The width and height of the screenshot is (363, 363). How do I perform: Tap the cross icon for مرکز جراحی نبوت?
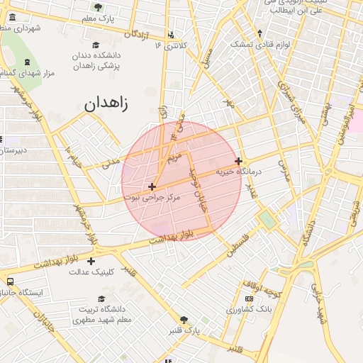pyautogui.click(x=152, y=186)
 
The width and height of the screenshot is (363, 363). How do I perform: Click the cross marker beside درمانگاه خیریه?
pyautogui.click(x=238, y=161)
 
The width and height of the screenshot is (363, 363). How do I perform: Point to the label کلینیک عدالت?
pyautogui.click(x=91, y=272)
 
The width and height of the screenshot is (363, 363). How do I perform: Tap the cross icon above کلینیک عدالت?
pyautogui.click(x=91, y=261)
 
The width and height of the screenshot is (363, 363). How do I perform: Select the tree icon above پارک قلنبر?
pyautogui.click(x=184, y=320)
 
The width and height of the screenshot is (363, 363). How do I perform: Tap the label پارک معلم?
pyautogui.click(x=97, y=16)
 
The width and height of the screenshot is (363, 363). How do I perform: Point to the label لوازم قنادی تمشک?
pyautogui.click(x=261, y=43)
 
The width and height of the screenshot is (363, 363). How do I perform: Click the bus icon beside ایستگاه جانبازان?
pyautogui.click(x=10, y=281)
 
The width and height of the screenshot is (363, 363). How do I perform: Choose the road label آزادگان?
pyautogui.click(x=140, y=33)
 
